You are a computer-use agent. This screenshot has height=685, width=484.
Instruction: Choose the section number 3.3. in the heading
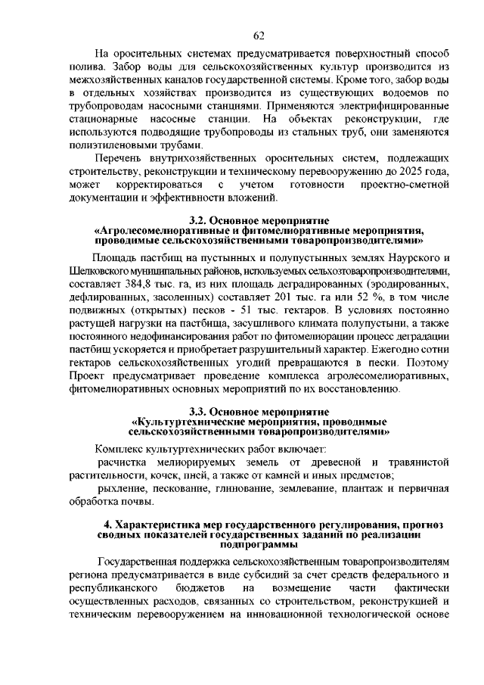pos(203,412)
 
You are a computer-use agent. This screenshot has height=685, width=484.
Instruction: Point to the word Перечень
pos(119,158)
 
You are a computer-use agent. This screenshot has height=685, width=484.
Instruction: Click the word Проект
pos(85,376)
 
